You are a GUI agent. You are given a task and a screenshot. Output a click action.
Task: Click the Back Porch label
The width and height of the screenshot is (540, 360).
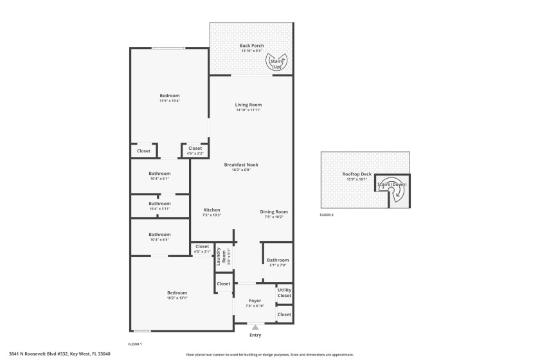251,46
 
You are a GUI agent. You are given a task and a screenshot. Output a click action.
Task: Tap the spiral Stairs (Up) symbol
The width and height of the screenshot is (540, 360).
277,62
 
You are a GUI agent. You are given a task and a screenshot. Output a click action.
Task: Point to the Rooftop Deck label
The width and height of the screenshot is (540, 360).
357,174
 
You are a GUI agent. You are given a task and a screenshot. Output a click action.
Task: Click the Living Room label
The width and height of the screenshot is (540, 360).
248,105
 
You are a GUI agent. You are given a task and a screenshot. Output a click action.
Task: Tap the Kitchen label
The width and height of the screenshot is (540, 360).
212,210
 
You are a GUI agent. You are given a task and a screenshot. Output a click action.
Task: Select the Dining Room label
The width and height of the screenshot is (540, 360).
274,212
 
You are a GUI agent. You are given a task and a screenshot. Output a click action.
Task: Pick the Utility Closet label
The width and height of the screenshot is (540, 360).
284,292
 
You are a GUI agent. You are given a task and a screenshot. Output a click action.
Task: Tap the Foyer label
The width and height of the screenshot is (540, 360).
255,300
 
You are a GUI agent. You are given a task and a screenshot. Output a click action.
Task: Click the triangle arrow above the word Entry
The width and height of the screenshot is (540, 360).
255,327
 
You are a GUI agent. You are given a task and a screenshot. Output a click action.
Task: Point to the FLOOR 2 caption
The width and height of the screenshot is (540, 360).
327,215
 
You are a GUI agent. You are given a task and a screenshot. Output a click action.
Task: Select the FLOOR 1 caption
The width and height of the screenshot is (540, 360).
135,345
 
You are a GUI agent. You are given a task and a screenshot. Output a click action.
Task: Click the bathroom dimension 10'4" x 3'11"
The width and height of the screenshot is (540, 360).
160,209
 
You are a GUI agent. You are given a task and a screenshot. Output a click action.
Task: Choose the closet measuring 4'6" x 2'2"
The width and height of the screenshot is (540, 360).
195,153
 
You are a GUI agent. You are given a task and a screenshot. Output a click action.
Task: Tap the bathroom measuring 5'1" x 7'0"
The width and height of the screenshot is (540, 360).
278,265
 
